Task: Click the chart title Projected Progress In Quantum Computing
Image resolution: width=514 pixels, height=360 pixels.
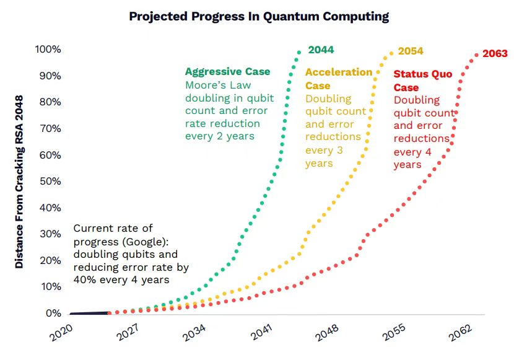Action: pyautogui.click(x=259, y=17)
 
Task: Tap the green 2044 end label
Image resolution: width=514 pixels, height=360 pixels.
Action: pyautogui.click(x=321, y=50)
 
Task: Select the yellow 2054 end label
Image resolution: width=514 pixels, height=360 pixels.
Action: pyautogui.click(x=411, y=51)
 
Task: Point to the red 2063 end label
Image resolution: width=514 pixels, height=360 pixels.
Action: pyautogui.click(x=495, y=53)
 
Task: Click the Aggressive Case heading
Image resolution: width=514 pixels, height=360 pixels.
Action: pyautogui.click(x=227, y=71)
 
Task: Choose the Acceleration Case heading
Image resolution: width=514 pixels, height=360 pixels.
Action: pyautogui.click(x=338, y=79)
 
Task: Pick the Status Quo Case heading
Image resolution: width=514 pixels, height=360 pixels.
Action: pyautogui.click(x=423, y=81)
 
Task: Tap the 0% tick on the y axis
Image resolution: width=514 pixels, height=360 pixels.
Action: pyautogui.click(x=53, y=313)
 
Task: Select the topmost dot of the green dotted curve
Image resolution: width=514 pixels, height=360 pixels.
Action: pyautogui.click(x=299, y=52)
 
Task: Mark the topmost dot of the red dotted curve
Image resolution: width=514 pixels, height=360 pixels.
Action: pyautogui.click(x=476, y=55)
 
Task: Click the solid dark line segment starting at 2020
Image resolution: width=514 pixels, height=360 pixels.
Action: pyautogui.click(x=90, y=313)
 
